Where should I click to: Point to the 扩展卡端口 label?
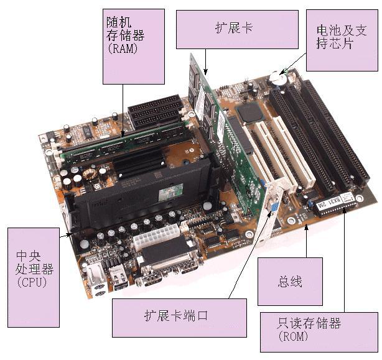click(x=177, y=317)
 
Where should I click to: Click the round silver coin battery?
click(x=277, y=79)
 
